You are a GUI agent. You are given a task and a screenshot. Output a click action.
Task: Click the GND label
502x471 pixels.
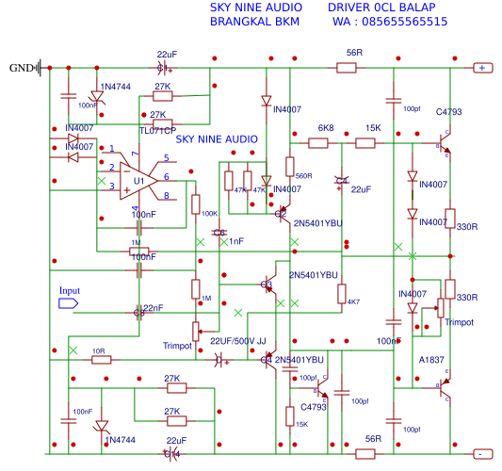(x=20, y=68)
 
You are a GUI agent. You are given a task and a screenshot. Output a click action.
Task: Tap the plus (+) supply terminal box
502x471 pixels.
(x=481, y=68)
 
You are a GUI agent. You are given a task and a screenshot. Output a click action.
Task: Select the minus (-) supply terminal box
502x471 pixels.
(x=480, y=453)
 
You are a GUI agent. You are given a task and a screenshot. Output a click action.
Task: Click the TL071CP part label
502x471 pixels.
(x=158, y=129)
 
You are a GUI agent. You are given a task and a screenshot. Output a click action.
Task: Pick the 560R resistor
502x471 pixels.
(x=290, y=168)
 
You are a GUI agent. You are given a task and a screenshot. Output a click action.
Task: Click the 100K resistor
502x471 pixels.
(x=196, y=204)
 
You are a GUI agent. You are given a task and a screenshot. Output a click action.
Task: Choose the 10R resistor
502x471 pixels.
(x=100, y=358)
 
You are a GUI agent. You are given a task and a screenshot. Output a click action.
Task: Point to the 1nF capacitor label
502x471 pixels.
(x=236, y=241)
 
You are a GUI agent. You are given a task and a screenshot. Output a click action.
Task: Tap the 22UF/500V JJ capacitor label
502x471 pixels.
(x=238, y=341)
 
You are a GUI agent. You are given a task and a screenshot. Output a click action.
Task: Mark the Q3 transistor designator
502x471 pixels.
(x=267, y=284)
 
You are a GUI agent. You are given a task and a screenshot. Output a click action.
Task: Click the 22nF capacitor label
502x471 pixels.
(x=152, y=308)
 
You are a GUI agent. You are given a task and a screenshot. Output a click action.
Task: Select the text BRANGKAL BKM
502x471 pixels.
(x=249, y=21)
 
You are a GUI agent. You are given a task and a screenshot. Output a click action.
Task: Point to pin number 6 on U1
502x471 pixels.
(x=166, y=176)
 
